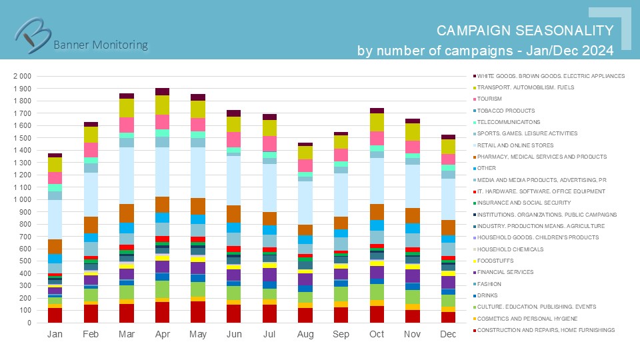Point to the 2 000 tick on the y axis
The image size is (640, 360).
(23, 76)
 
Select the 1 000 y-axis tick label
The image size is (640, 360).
(23, 199)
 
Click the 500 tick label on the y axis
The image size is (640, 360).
(27, 261)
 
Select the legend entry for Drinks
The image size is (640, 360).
(489, 295)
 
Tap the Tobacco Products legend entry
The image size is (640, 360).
(506, 111)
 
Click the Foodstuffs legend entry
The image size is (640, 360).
(497, 261)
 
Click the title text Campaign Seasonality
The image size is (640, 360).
(525, 31)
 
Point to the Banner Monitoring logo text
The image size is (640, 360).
(100, 45)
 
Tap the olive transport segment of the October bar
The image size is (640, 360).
(377, 122)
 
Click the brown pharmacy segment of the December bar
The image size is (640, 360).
(448, 227)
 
